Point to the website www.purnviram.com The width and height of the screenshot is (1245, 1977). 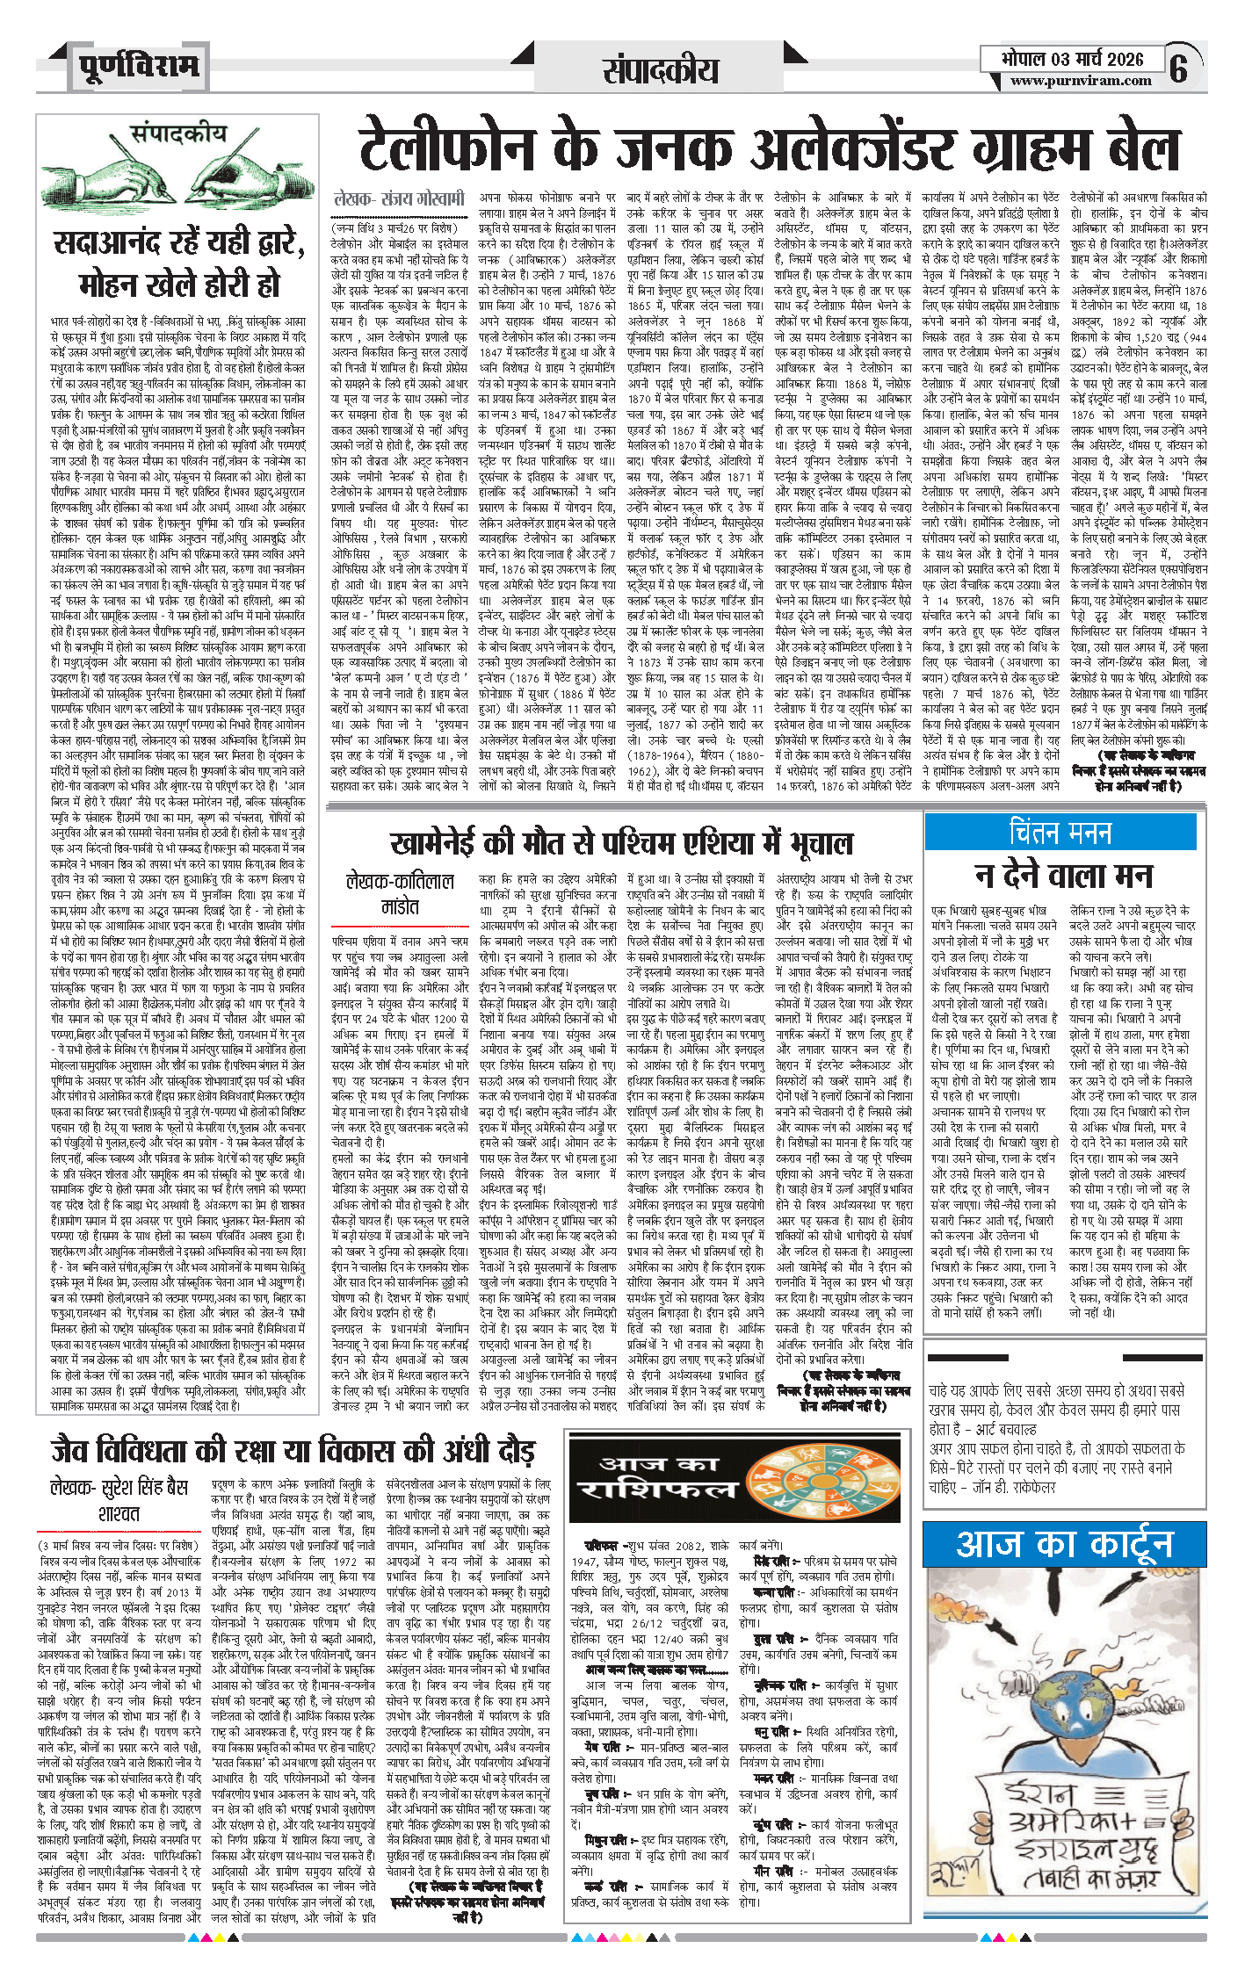1080,81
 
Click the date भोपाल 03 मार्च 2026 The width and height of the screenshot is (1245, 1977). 1072,59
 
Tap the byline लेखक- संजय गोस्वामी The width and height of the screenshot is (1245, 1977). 398,199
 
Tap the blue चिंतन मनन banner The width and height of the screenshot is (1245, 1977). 1060,832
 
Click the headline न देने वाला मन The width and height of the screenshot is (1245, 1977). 1063,876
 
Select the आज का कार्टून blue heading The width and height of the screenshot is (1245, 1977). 1064,1544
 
